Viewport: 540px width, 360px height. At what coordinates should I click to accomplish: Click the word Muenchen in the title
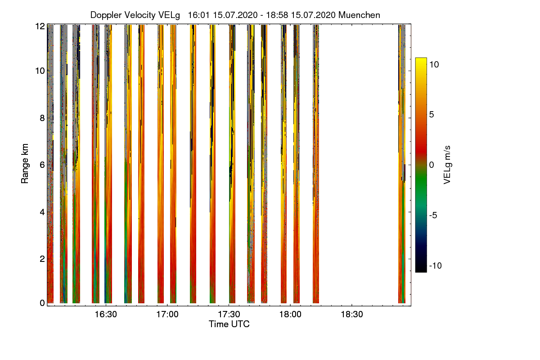click(x=359, y=15)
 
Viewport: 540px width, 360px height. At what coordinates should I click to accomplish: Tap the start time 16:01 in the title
click(x=198, y=15)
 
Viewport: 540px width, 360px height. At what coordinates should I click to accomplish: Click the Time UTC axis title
click(x=229, y=324)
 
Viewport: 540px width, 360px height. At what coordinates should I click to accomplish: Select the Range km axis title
click(x=25, y=164)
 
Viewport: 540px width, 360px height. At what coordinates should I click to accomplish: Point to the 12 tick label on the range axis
click(x=40, y=26)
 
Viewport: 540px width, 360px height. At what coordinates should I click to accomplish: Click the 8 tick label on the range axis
click(x=42, y=118)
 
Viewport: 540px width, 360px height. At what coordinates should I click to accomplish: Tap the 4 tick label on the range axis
click(x=42, y=211)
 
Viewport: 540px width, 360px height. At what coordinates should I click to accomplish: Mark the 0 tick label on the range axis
click(x=42, y=303)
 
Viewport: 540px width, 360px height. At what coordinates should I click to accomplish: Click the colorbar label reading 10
click(x=434, y=64)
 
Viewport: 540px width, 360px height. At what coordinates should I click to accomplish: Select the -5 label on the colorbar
click(x=434, y=215)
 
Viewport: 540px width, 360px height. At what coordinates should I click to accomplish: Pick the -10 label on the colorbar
click(x=435, y=265)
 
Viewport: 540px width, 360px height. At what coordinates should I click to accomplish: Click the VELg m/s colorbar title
click(x=447, y=164)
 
